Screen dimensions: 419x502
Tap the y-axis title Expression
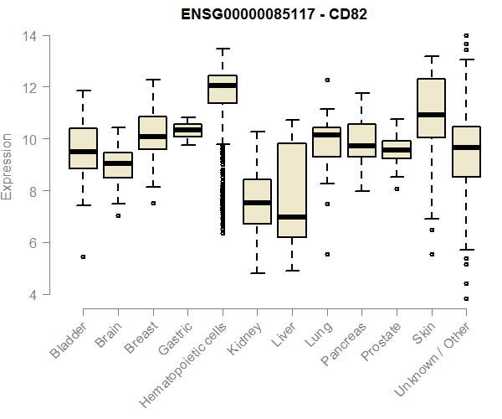click(8, 165)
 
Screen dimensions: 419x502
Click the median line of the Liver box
click(292, 217)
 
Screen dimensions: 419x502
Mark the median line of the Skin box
click(432, 115)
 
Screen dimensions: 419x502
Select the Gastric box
click(187, 130)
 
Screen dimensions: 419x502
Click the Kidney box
click(257, 202)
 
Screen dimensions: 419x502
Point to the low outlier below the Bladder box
click(83, 256)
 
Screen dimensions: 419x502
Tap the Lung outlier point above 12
click(327, 80)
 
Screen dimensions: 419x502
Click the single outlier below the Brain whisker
click(118, 215)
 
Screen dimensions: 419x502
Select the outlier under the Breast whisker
click(153, 203)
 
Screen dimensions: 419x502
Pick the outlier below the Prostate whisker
click(397, 189)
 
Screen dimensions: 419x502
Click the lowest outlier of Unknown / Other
click(466, 298)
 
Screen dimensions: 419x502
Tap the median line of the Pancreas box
click(362, 146)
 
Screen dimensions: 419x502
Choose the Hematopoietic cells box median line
click(223, 85)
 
